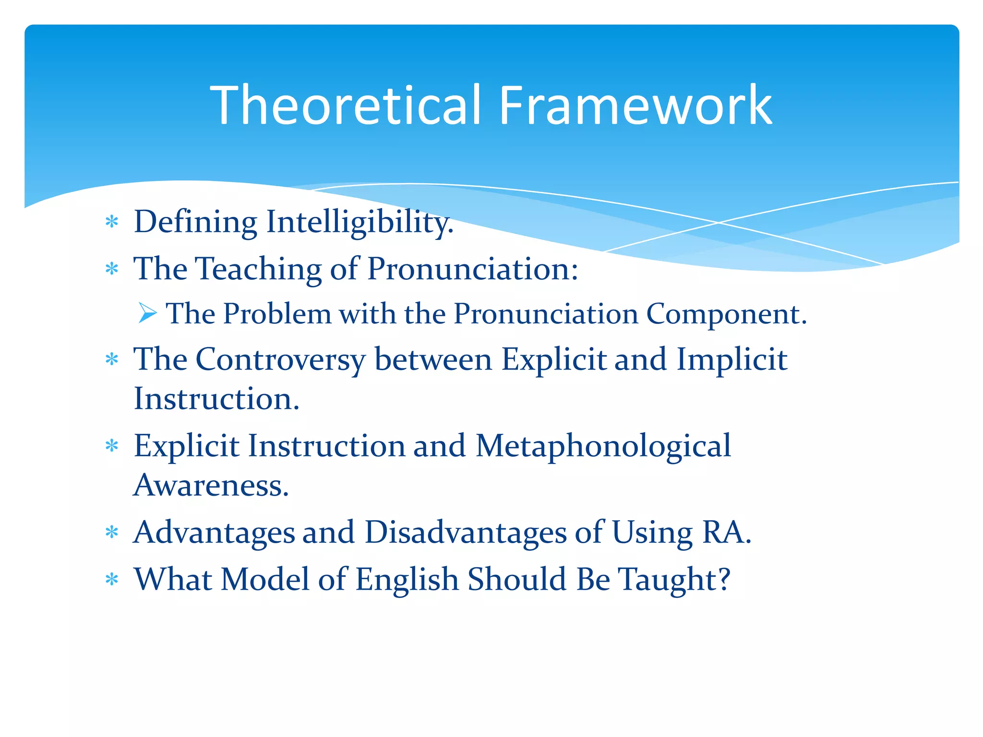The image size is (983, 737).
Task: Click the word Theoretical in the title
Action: point(346,106)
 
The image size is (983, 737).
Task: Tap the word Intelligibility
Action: point(360,223)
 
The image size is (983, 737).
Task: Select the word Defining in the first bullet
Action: point(195,223)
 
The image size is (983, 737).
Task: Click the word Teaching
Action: point(260,269)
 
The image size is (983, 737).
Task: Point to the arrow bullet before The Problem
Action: point(147,313)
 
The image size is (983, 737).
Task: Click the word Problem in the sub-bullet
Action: point(277,314)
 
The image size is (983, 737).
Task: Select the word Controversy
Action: point(280,360)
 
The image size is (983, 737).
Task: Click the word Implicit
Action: point(731,360)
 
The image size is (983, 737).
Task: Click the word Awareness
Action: point(211,486)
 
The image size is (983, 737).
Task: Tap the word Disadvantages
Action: point(465,533)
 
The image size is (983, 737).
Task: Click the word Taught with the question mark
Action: point(674,580)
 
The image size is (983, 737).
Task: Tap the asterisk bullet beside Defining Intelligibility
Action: point(112,222)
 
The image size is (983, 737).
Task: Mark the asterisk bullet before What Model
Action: point(112,580)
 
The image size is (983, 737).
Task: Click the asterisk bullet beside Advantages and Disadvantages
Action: point(112,533)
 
